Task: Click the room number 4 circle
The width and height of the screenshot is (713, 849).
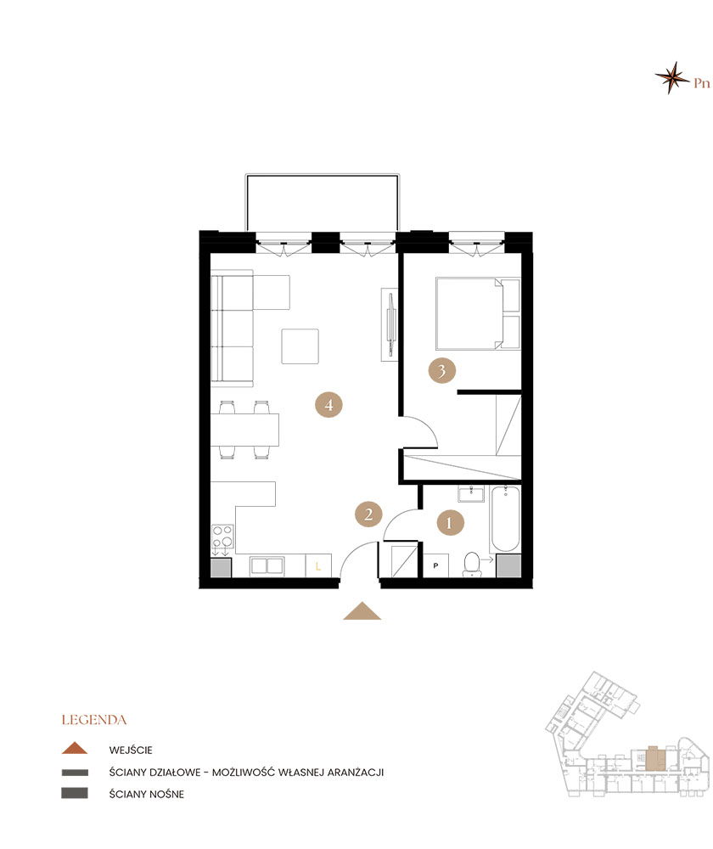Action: [328, 404]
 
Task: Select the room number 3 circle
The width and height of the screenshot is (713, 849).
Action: [441, 371]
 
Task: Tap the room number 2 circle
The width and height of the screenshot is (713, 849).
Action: [368, 514]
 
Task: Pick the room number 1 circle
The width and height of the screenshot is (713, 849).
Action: [449, 522]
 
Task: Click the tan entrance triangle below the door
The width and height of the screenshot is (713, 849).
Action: [362, 612]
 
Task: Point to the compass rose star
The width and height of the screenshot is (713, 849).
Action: [672, 77]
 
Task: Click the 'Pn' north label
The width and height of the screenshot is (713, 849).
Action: [702, 83]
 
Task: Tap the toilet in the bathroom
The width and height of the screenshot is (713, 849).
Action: [472, 565]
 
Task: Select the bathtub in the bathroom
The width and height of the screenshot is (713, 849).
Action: [506, 518]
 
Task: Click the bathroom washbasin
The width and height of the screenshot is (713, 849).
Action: [471, 494]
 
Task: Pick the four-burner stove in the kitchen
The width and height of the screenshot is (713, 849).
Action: [222, 537]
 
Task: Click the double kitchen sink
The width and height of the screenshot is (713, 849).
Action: [267, 565]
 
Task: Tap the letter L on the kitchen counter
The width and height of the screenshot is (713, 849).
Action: [318, 566]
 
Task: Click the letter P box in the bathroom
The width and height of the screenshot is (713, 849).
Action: [435, 565]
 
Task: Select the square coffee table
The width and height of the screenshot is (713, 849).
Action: [300, 346]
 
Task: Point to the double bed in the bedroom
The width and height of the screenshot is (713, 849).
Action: [478, 313]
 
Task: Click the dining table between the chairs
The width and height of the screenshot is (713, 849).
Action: [244, 430]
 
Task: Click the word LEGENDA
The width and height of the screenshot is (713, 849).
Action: [94, 720]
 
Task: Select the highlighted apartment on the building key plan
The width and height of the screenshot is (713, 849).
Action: [655, 758]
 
